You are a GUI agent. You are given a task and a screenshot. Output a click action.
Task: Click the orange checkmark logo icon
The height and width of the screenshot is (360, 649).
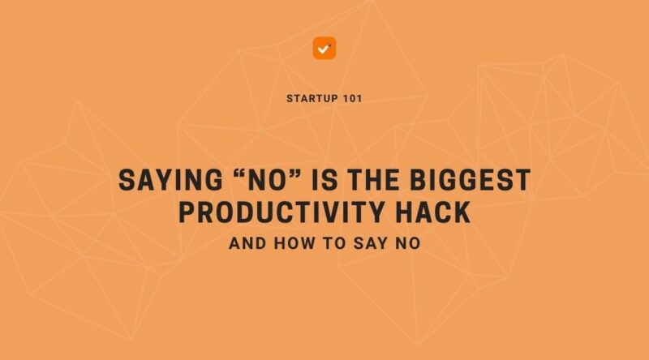(324, 48)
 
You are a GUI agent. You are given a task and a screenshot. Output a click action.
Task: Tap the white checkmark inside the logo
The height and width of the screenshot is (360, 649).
(324, 49)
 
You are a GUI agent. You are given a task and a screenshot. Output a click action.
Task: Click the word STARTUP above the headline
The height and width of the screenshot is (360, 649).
(311, 98)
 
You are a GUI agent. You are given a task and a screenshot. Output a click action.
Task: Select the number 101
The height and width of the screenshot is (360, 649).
(351, 98)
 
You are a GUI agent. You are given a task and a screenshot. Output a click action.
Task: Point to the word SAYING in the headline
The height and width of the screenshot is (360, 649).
(161, 180)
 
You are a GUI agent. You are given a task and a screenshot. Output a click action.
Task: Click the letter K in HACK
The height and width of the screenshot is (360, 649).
(461, 212)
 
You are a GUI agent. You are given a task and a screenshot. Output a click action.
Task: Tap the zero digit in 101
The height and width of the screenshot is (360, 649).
(351, 98)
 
